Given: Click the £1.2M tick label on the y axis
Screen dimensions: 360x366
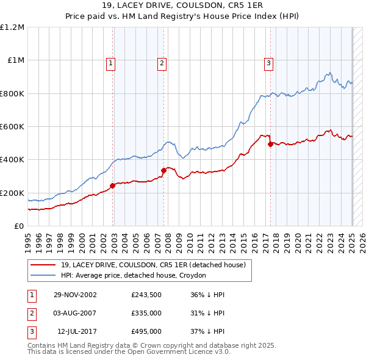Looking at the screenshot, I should click(x=12, y=27).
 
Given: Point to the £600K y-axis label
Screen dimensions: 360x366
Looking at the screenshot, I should click(x=12, y=127).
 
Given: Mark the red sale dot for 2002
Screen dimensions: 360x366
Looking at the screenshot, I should click(x=113, y=185).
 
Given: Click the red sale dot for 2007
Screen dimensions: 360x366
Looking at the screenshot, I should click(x=164, y=171).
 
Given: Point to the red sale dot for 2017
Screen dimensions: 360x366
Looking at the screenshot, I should click(x=271, y=144).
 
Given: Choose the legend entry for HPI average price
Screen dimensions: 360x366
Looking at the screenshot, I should click(x=134, y=275).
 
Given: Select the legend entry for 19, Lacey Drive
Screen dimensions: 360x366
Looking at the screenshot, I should click(x=152, y=265).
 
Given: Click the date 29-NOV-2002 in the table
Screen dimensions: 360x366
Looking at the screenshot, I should click(x=76, y=295).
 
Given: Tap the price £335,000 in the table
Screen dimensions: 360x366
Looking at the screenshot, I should click(x=146, y=313).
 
